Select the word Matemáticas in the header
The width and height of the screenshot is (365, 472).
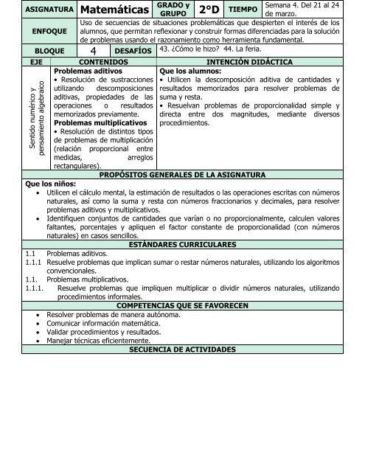(114, 10)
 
